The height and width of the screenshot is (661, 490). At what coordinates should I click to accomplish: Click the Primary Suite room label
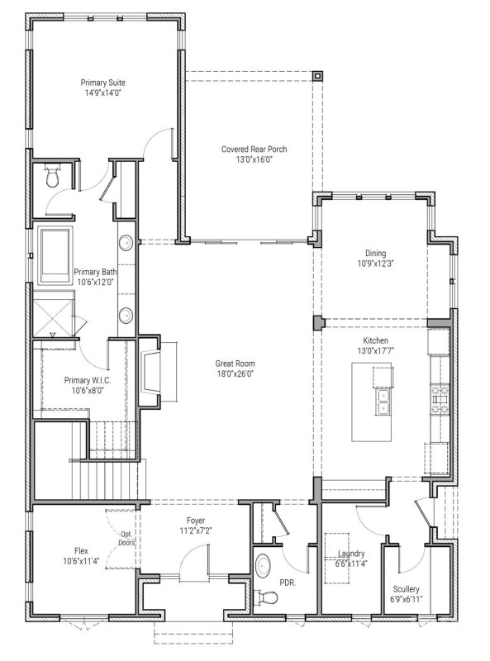(103, 83)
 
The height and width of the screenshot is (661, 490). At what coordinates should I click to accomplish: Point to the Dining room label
(375, 254)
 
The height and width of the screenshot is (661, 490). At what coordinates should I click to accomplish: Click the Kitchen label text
(375, 340)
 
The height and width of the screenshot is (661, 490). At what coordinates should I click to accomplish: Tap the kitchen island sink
(383, 402)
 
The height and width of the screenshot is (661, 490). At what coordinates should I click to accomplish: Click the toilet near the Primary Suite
(53, 175)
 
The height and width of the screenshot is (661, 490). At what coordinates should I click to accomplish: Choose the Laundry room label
(352, 554)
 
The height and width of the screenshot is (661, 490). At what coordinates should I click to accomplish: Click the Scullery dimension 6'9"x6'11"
(407, 600)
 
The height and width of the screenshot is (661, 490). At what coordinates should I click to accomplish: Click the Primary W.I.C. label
(88, 380)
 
